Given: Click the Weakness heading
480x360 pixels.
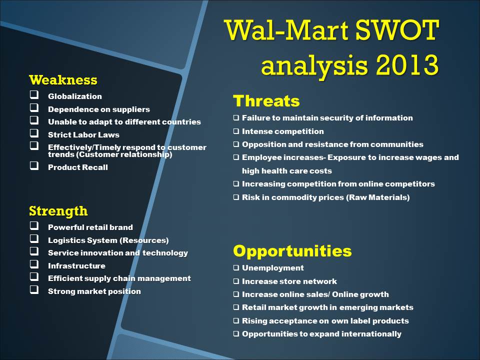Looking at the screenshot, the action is pyautogui.click(x=63, y=80).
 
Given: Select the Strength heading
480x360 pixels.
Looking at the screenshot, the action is pyautogui.click(x=58, y=211).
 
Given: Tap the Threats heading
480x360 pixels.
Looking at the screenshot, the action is pyautogui.click(x=266, y=101).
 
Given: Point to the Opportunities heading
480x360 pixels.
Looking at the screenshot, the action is pyautogui.click(x=292, y=251).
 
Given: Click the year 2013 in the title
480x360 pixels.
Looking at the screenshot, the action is pyautogui.click(x=407, y=65).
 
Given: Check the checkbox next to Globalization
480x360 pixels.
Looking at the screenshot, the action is pyautogui.click(x=34, y=94).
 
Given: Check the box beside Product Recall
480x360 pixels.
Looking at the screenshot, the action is pyautogui.click(x=34, y=165).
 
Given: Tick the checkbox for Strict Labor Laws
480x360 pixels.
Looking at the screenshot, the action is pyautogui.click(x=34, y=133).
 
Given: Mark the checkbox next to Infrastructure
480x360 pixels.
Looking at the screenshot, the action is pyautogui.click(x=34, y=264).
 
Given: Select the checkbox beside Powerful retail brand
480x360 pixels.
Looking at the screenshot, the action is pyautogui.click(x=34, y=225).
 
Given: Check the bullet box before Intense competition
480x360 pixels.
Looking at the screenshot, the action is pyautogui.click(x=236, y=131).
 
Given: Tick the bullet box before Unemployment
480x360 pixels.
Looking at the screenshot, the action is pyautogui.click(x=236, y=268).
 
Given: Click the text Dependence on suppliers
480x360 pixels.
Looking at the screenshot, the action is pyautogui.click(x=99, y=109).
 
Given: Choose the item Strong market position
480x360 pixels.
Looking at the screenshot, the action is pyautogui.click(x=94, y=291).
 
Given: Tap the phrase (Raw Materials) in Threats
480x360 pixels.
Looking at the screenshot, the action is pyautogui.click(x=378, y=197).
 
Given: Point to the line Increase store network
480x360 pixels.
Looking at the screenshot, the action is pyautogui.click(x=289, y=281).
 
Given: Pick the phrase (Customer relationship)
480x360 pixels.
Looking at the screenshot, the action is pyautogui.click(x=125, y=154).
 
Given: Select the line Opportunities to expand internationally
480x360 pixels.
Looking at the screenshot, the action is pyautogui.click(x=321, y=334).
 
